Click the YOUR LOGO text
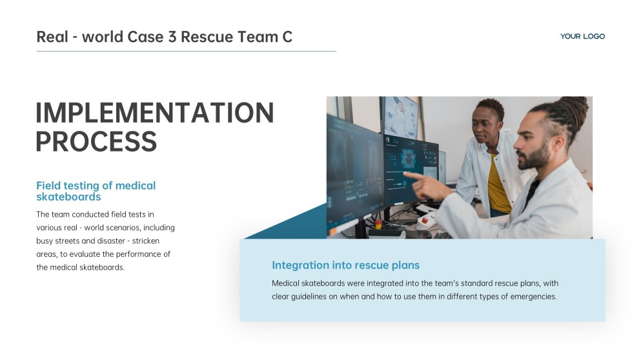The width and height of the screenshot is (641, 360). (582, 36)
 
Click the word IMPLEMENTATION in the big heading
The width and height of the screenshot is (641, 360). (155, 113)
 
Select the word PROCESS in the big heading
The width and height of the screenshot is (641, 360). (96, 141)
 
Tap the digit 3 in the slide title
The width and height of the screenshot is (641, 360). (172, 37)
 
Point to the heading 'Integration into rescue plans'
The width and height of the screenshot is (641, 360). (346, 265)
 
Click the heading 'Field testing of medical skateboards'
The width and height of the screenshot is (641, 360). (96, 191)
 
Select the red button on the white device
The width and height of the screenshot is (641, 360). (425, 221)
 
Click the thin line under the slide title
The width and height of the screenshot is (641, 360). (187, 52)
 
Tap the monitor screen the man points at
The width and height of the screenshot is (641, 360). (410, 169)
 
